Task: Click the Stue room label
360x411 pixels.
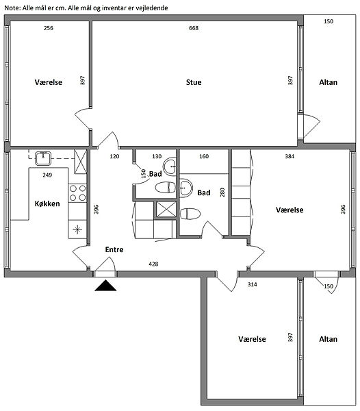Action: (x=194, y=82)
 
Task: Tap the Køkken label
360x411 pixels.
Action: (x=47, y=203)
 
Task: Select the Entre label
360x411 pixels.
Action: (x=114, y=249)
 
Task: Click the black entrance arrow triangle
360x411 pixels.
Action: (x=105, y=286)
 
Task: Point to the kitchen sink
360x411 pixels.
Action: (x=43, y=158)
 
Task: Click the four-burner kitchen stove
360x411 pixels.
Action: (x=77, y=193)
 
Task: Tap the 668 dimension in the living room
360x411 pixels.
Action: (x=194, y=28)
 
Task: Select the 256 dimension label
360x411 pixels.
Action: (x=49, y=28)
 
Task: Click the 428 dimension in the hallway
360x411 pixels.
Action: (x=153, y=264)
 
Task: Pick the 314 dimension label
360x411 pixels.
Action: (x=252, y=284)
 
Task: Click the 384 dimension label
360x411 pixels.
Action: (x=290, y=156)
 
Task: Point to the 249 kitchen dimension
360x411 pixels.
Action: (x=47, y=175)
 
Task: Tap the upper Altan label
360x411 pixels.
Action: (x=328, y=82)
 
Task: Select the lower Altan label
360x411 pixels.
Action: (x=328, y=339)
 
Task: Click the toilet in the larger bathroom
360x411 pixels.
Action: (x=190, y=214)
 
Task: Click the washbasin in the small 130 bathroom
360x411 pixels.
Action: (x=170, y=166)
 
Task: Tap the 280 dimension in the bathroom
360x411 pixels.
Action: (x=222, y=192)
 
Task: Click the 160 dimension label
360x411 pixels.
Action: (x=204, y=156)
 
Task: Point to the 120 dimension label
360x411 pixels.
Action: (x=114, y=156)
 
